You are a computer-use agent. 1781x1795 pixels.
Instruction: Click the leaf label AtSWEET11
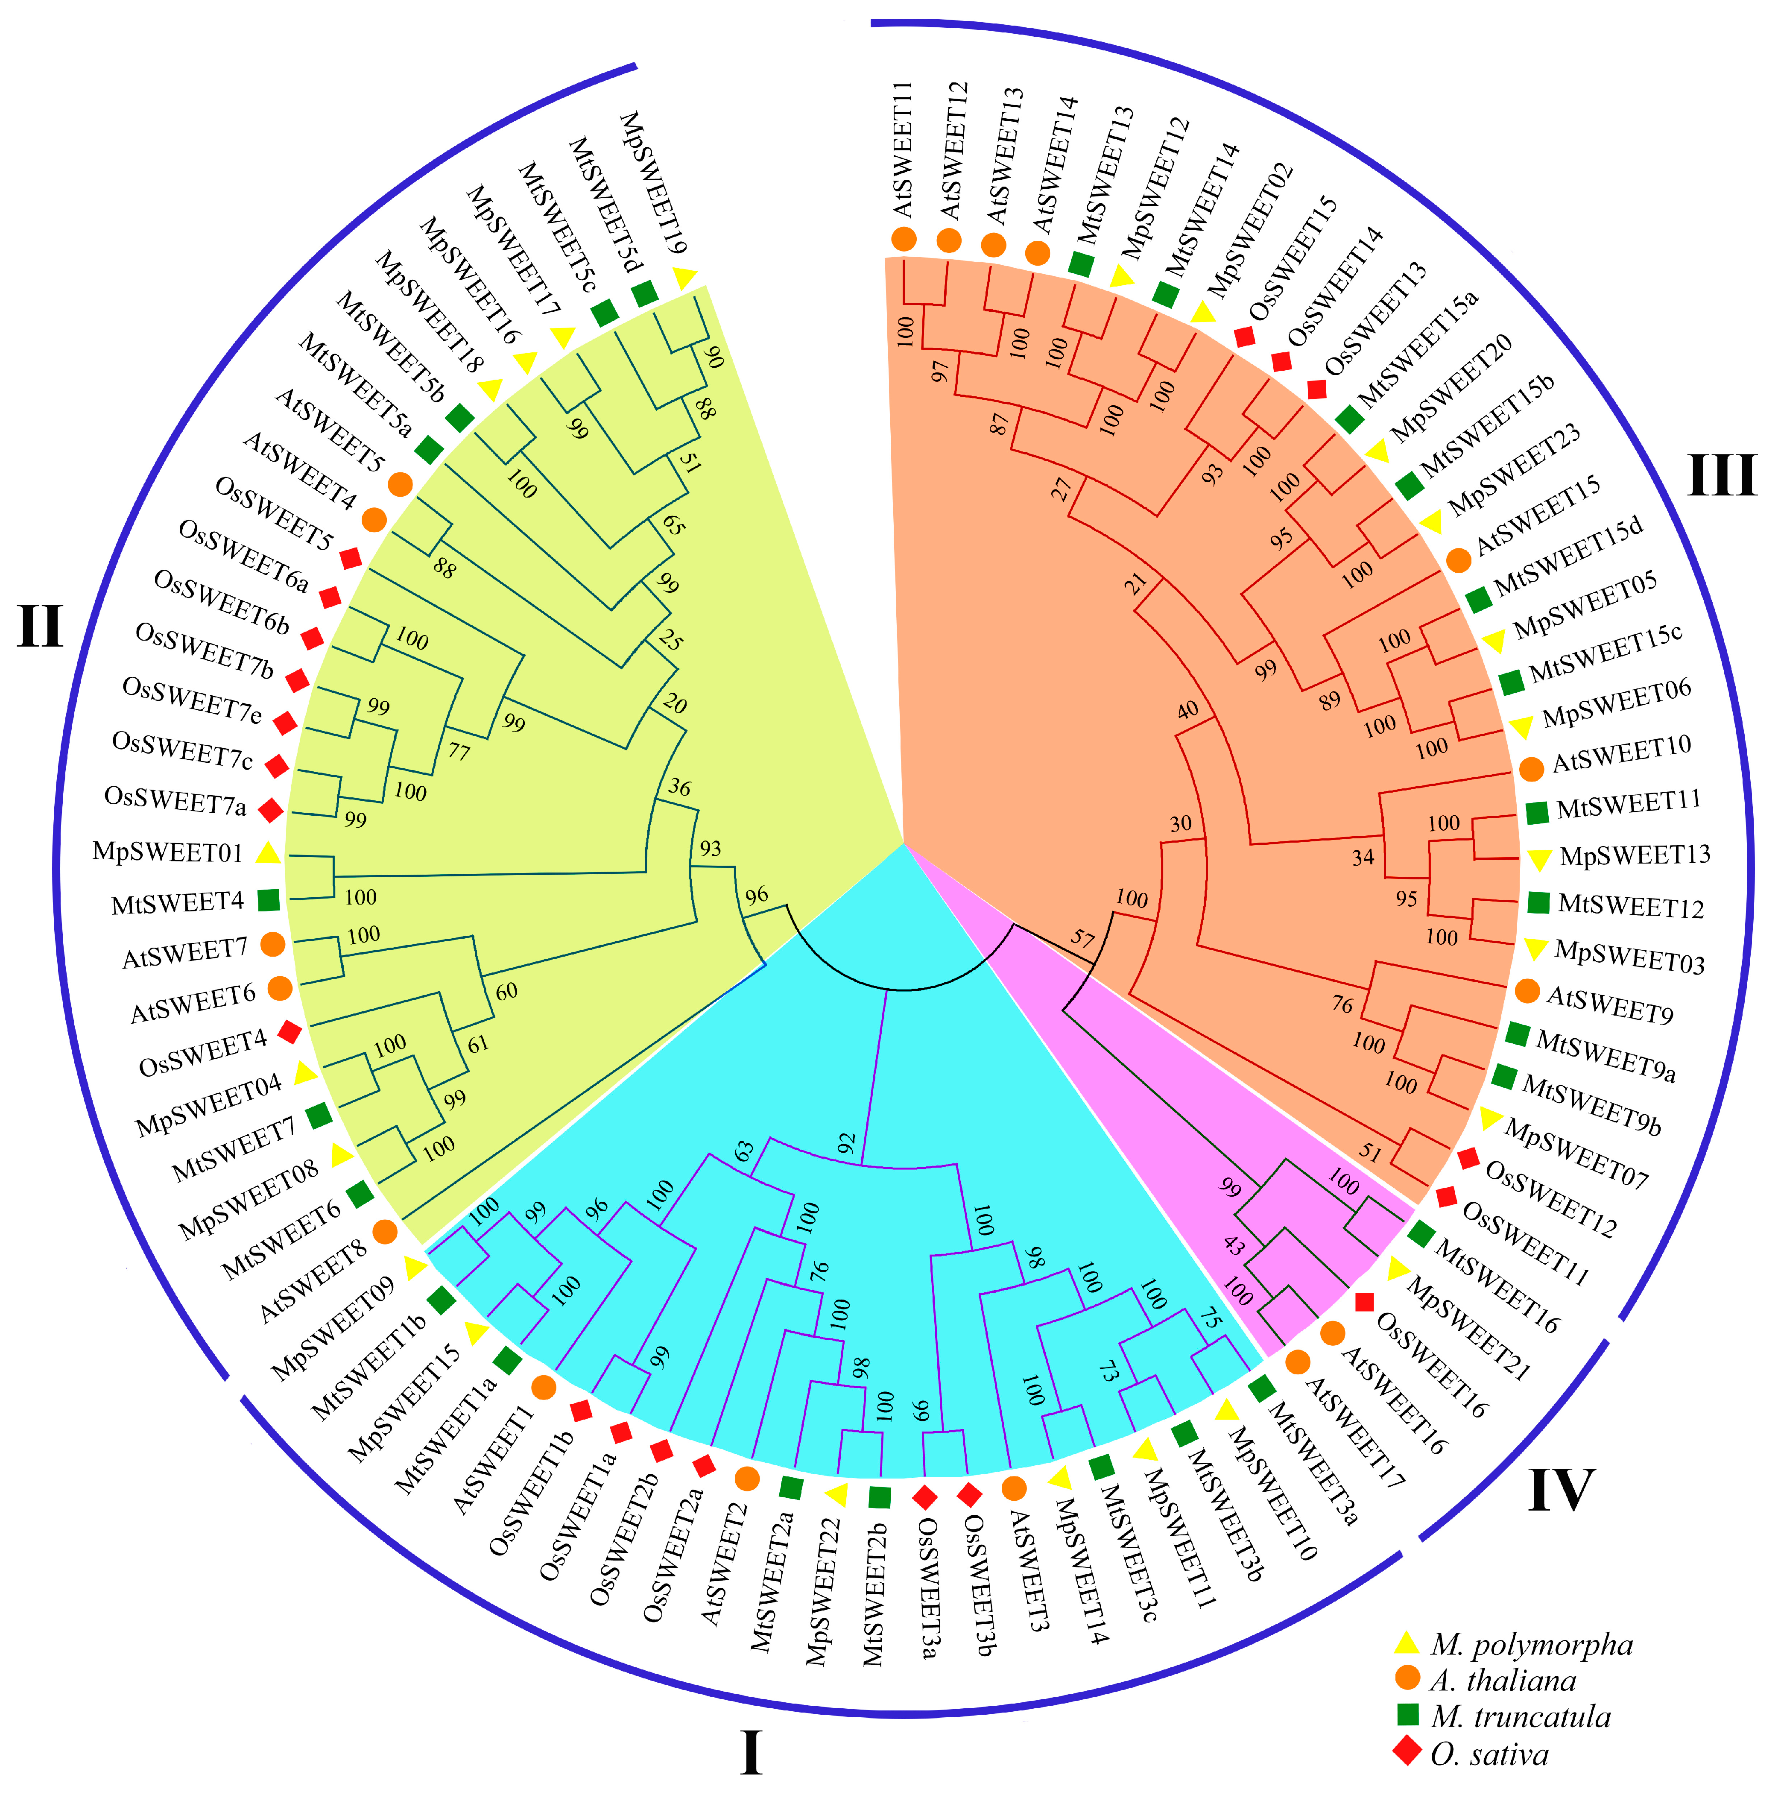pos(904,149)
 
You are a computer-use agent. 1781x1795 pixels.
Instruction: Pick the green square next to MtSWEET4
pos(269,899)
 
